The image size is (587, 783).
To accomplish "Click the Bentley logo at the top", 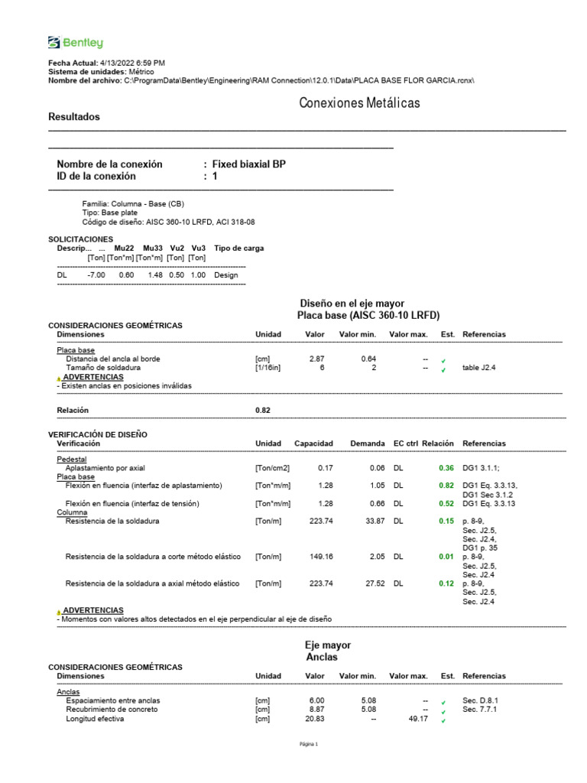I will tap(75, 43).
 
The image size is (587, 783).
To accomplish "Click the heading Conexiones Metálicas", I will tap(359, 102).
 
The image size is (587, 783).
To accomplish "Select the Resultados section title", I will tap(74, 117).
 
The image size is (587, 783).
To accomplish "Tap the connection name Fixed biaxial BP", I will tap(249, 164).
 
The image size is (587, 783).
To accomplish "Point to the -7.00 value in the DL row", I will tap(96, 275).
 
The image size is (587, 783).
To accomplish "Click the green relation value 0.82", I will tap(446, 486).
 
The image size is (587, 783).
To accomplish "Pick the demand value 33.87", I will tap(375, 521).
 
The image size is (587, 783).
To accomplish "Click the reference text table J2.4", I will tap(479, 368).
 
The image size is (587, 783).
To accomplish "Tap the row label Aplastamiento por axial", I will tap(105, 467).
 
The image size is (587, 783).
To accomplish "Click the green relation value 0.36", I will tap(446, 467).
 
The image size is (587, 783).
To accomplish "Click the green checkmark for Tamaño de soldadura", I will tap(443, 370).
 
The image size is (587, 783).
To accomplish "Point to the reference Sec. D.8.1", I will tap(481, 700).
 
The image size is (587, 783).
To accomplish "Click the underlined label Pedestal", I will tap(72, 459).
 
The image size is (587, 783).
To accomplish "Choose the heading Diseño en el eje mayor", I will tap(352, 304).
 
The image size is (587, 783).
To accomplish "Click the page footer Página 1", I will tap(308, 745).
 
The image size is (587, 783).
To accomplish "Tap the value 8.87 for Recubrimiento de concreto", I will tap(316, 710).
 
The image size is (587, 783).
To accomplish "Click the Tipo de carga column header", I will tap(239, 249).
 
